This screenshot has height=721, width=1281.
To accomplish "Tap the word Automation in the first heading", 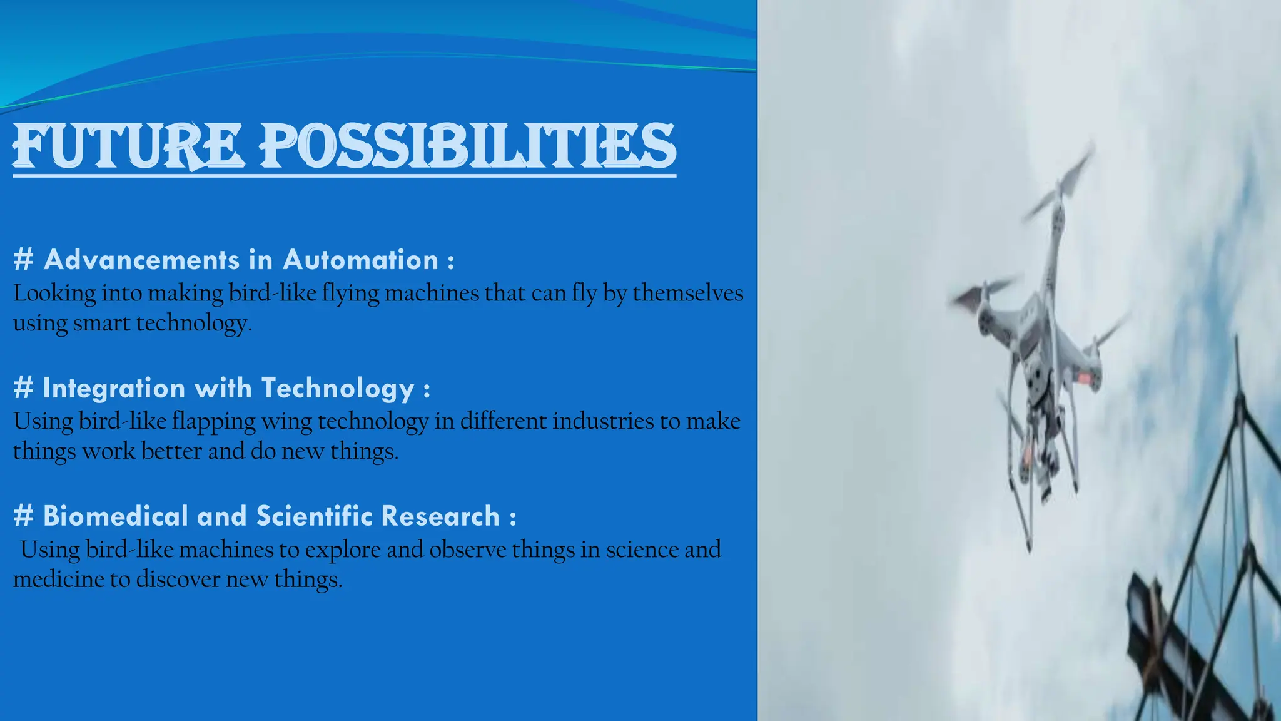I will point(360,260).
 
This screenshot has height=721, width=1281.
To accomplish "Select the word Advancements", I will point(142,260).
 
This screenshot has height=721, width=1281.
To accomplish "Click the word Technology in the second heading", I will point(338,388).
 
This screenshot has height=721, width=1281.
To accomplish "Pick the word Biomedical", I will point(116,516).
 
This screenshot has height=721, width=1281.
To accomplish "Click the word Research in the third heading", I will point(440,516).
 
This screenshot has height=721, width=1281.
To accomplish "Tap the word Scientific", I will point(315,516).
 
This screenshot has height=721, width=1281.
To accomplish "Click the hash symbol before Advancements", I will point(23,260).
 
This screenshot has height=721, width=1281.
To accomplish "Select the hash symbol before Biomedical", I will point(23,516).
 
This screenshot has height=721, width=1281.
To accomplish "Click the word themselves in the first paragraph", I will point(687,293).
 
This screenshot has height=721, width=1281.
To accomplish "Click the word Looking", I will point(54,294).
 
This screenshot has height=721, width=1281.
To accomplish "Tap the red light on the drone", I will point(1088,378).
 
